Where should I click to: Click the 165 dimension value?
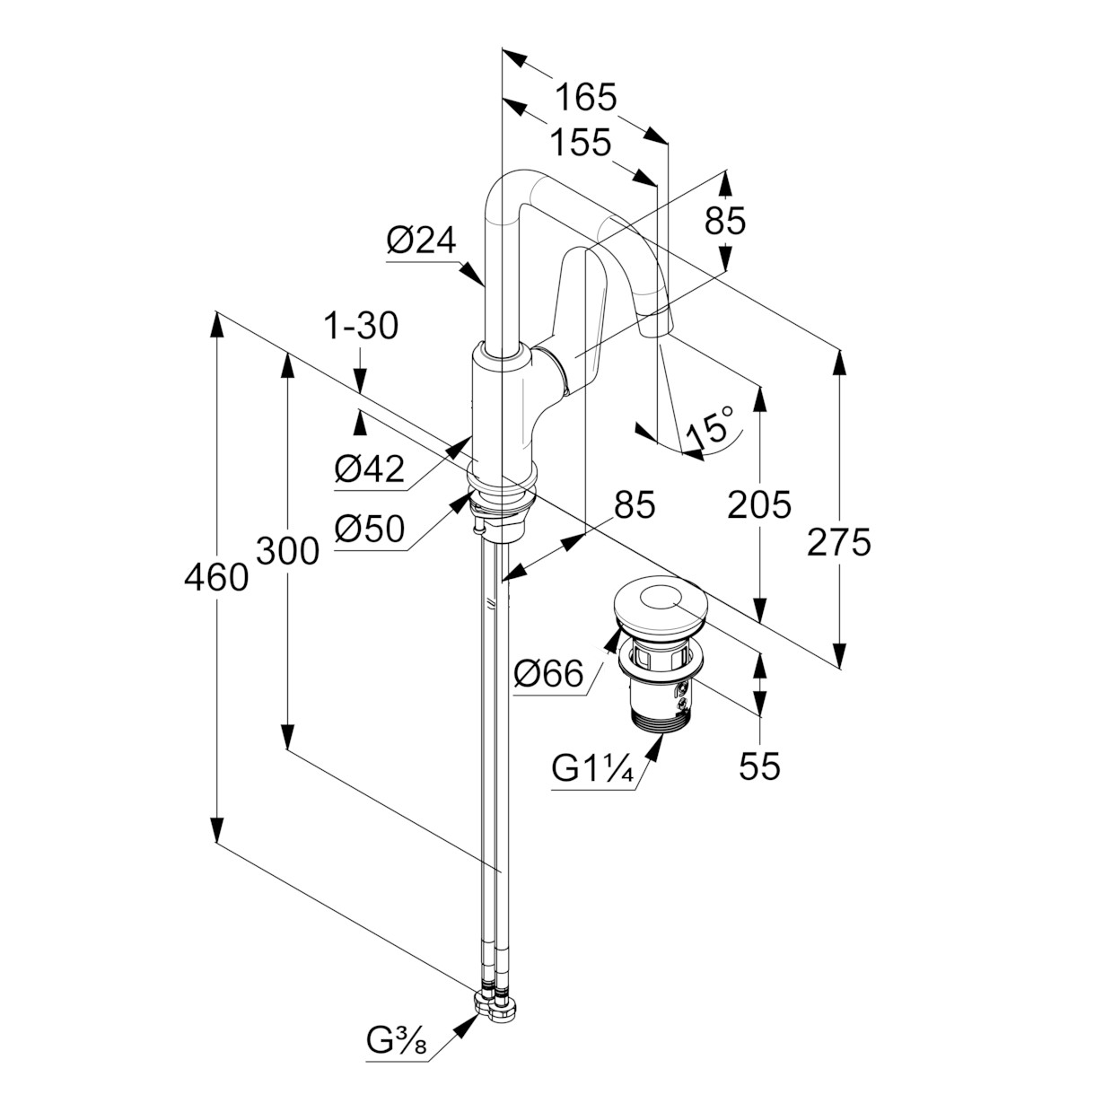pyautogui.click(x=586, y=97)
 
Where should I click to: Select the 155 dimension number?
pyautogui.click(x=580, y=142)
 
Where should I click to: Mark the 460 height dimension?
pyautogui.click(x=216, y=578)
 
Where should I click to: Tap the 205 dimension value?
pyautogui.click(x=759, y=504)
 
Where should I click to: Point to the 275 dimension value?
pyautogui.click(x=838, y=542)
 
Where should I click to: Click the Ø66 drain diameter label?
pyautogui.click(x=547, y=673)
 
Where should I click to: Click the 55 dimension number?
pyautogui.click(x=759, y=767)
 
